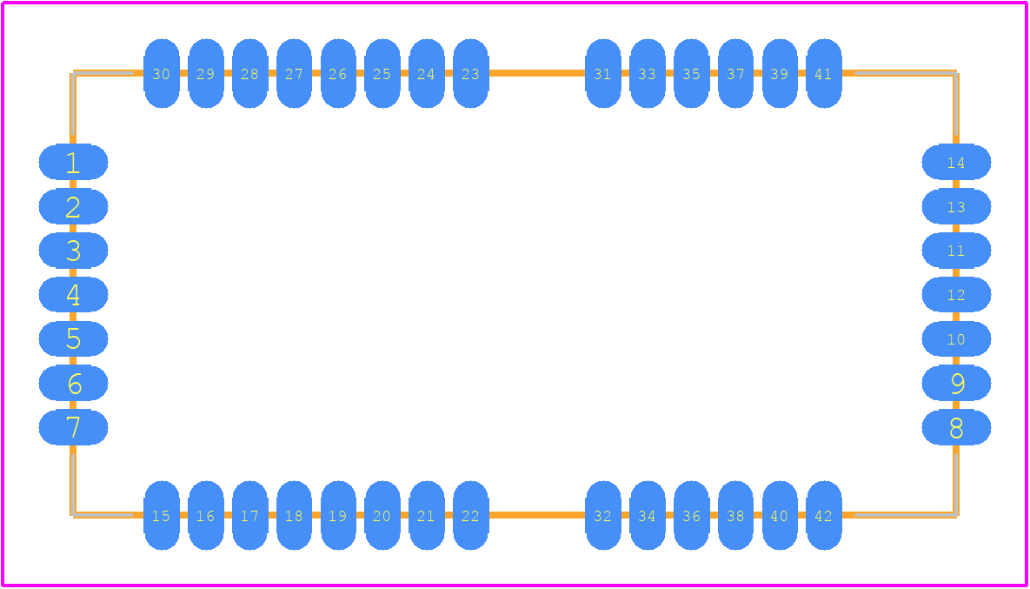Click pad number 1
click(x=73, y=162)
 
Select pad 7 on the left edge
click(x=73, y=427)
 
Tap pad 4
click(x=73, y=294)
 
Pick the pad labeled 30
click(x=162, y=73)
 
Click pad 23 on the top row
click(x=470, y=73)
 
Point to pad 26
click(x=338, y=73)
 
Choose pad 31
click(x=603, y=73)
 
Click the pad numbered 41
click(x=824, y=73)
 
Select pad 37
click(x=735, y=73)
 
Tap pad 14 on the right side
click(x=956, y=162)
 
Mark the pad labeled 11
click(x=956, y=250)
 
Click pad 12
click(x=956, y=294)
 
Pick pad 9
click(x=956, y=383)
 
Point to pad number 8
click(x=956, y=427)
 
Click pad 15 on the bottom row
click(x=162, y=515)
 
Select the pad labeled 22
click(x=470, y=515)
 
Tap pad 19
click(x=338, y=515)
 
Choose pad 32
click(x=603, y=515)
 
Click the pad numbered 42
click(x=824, y=515)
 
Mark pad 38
click(x=735, y=515)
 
